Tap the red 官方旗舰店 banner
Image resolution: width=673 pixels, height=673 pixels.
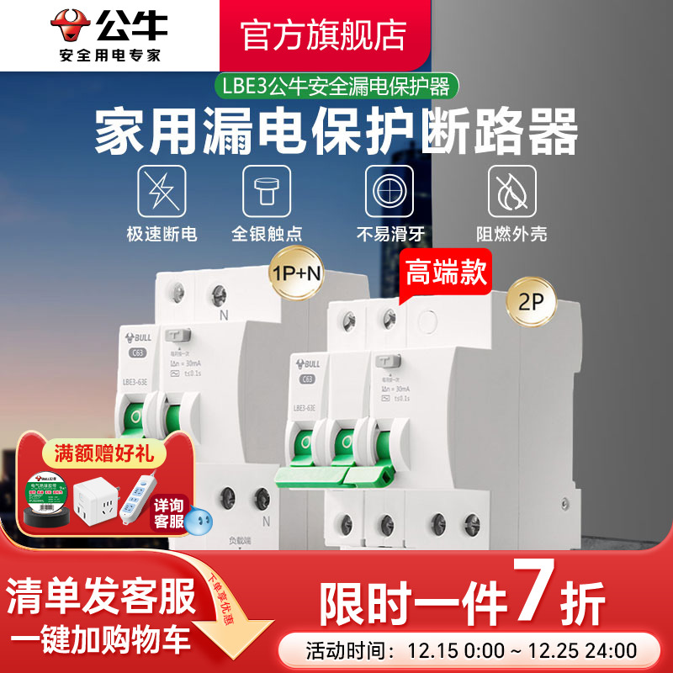click(324, 34)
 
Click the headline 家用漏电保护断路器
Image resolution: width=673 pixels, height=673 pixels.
click(336, 134)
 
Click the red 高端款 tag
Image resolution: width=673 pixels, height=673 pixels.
click(445, 273)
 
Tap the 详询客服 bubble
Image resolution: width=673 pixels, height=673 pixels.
click(171, 511)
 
